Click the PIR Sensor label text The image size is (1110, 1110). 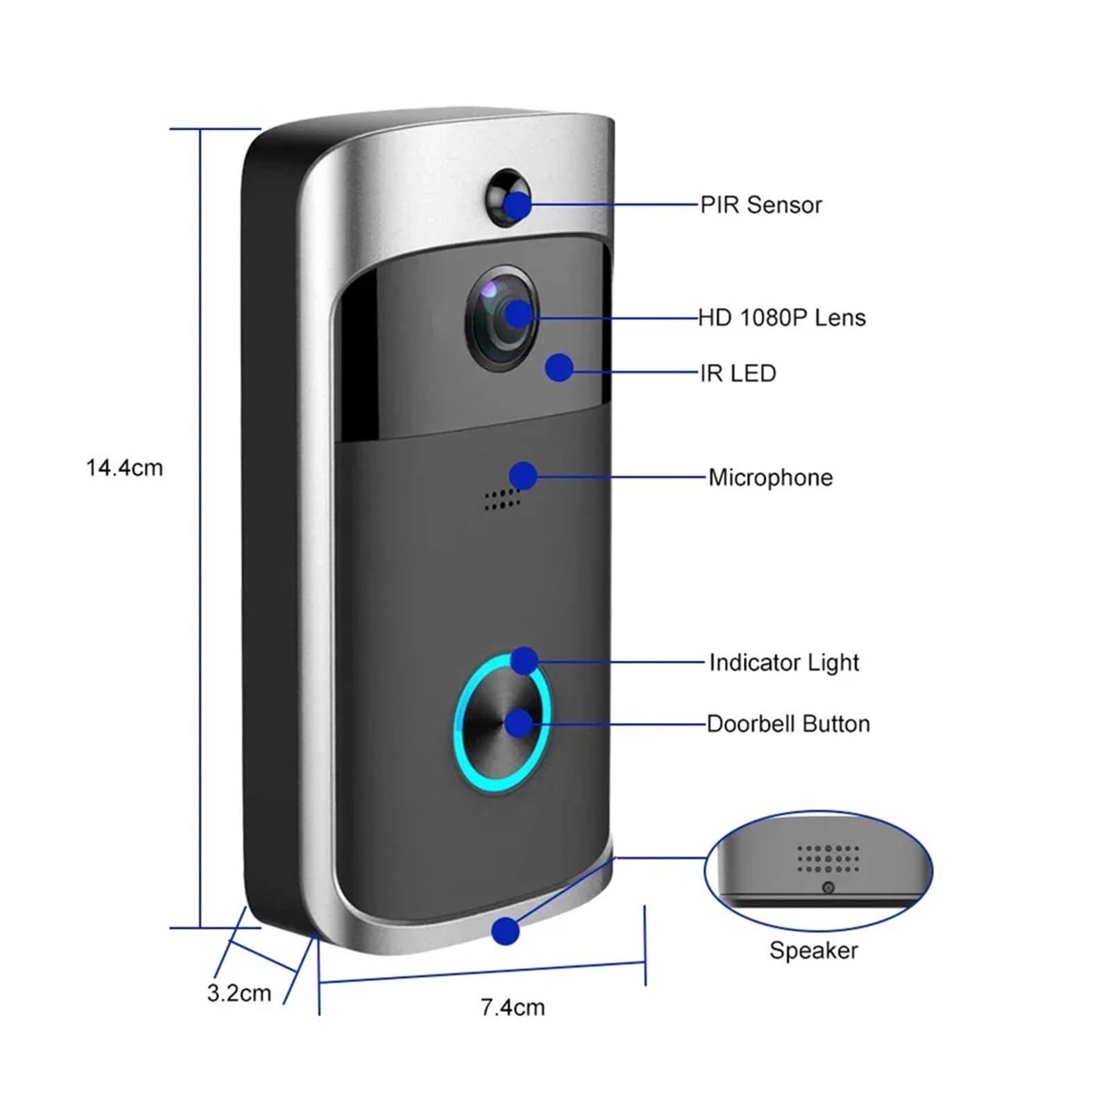pyautogui.click(x=760, y=205)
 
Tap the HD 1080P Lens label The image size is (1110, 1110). pyautogui.click(x=782, y=318)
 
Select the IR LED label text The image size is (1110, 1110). pyautogui.click(x=737, y=373)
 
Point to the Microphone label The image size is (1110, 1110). pyautogui.click(x=770, y=477)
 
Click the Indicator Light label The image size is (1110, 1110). pyautogui.click(x=784, y=663)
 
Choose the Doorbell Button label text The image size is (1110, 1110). pyautogui.click(x=788, y=724)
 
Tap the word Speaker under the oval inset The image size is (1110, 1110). pyautogui.click(x=813, y=950)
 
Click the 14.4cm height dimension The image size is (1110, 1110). pyautogui.click(x=124, y=468)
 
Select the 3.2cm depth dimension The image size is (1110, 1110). pyautogui.click(x=239, y=993)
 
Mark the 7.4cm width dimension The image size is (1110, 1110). pyautogui.click(x=513, y=1007)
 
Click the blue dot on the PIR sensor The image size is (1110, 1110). pyautogui.click(x=518, y=205)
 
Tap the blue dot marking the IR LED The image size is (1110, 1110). pyautogui.click(x=559, y=368)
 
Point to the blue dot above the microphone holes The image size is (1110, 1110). pyautogui.click(x=523, y=476)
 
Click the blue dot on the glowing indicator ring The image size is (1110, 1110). pyautogui.click(x=524, y=660)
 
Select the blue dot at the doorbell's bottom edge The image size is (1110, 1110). pyautogui.click(x=506, y=930)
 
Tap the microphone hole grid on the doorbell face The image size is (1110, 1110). pyautogui.click(x=502, y=497)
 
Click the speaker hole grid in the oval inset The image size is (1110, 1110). pyautogui.click(x=828, y=858)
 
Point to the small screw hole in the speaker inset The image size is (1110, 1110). pyautogui.click(x=828, y=887)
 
